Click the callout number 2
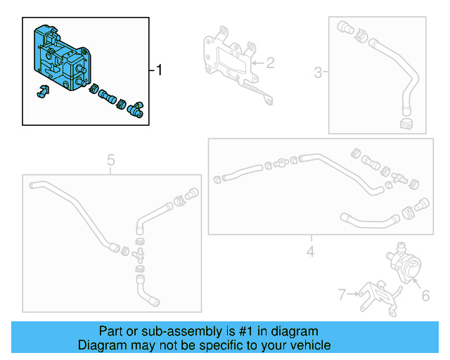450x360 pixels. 270,64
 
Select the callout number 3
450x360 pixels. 318,72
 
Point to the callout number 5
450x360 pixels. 111,161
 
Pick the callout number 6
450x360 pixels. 425,296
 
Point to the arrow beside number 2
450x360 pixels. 255,64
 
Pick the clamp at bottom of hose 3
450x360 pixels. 406,124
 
